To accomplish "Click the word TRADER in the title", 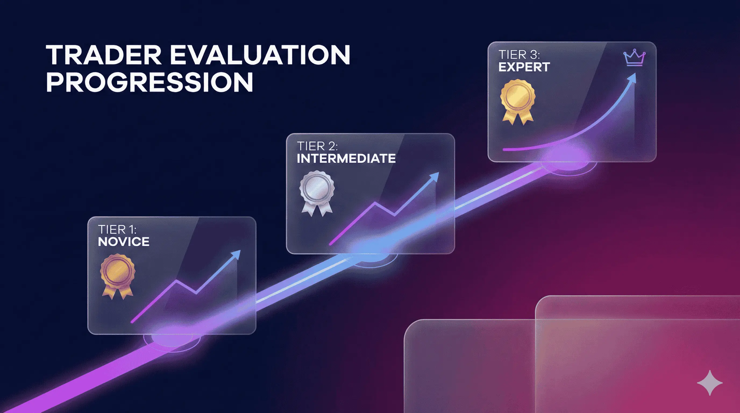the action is pyautogui.click(x=104, y=55).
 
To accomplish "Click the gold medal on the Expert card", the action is pyautogui.click(x=518, y=102).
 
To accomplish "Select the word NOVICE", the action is pyautogui.click(x=123, y=242).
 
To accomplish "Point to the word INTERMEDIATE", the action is pyautogui.click(x=346, y=159).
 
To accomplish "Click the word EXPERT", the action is pyautogui.click(x=524, y=67).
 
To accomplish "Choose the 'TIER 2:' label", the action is pyautogui.click(x=317, y=147).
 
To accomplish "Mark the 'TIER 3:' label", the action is pyautogui.click(x=519, y=55).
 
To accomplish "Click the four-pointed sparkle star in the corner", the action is pyautogui.click(x=710, y=383).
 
